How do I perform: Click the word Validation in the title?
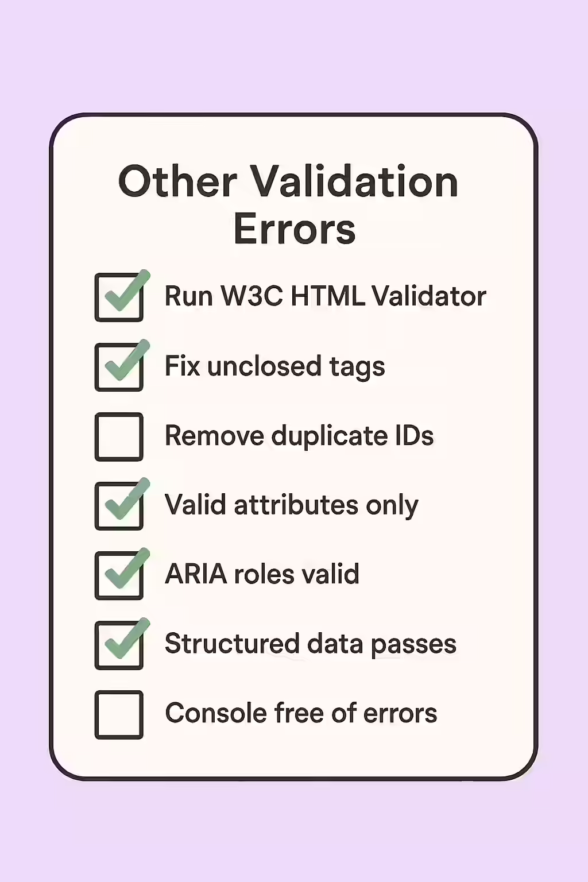coord(354,181)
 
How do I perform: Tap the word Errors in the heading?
coord(295,229)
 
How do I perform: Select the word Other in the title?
coord(177,181)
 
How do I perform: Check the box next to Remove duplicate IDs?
coord(119,436)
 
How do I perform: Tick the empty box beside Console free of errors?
coord(119,714)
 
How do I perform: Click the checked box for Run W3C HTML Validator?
coord(119,297)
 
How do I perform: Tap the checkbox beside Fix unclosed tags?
coord(119,367)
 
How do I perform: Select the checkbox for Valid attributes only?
coord(119,506)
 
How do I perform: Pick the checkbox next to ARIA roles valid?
coord(119,575)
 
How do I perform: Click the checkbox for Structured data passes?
coord(119,645)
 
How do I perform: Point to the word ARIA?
coord(196,574)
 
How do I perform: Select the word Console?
coord(216,713)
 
